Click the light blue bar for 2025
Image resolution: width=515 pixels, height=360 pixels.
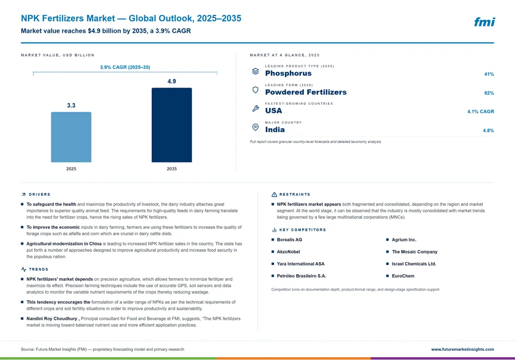click(71, 137)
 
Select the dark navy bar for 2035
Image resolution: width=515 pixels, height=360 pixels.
click(172, 125)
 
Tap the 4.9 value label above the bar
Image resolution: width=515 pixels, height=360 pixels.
click(172, 81)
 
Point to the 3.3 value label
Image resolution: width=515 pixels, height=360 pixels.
click(71, 105)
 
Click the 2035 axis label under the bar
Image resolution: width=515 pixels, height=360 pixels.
click(172, 169)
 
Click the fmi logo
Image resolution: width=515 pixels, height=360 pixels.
click(485, 22)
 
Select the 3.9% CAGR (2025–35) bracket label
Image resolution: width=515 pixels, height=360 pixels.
click(125, 67)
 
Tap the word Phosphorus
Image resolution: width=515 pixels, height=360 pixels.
click(288, 73)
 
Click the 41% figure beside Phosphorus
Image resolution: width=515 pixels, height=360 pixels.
click(489, 74)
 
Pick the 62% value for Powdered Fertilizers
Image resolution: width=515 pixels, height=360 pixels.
click(489, 93)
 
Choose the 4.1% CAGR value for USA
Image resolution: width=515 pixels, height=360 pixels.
click(481, 112)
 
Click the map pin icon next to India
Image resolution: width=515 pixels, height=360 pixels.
click(255, 127)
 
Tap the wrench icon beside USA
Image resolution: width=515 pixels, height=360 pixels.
click(255, 108)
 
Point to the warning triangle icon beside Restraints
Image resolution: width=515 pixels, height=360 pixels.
click(274, 195)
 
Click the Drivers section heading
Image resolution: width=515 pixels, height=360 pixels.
click(39, 195)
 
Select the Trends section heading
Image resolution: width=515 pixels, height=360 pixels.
click(38, 270)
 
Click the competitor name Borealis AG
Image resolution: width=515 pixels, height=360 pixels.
click(290, 240)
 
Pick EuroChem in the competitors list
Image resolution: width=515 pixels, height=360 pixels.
click(403, 276)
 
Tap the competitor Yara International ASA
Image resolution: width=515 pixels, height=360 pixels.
click(300, 264)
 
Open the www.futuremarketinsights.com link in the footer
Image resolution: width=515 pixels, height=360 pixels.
click(462, 349)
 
